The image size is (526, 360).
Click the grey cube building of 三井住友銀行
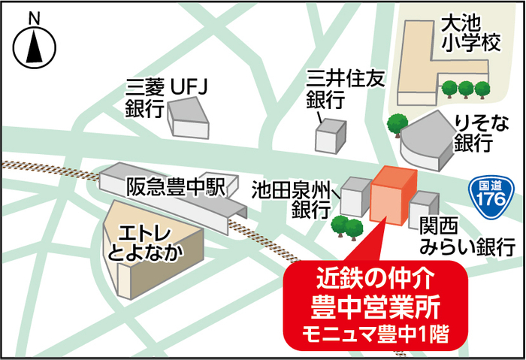pos(331,136)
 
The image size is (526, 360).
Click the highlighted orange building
pos(391,196)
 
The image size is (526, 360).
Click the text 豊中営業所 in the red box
pos(373,307)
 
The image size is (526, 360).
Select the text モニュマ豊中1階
pos(373,333)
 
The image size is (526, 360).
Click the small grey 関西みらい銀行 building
pos(423,208)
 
